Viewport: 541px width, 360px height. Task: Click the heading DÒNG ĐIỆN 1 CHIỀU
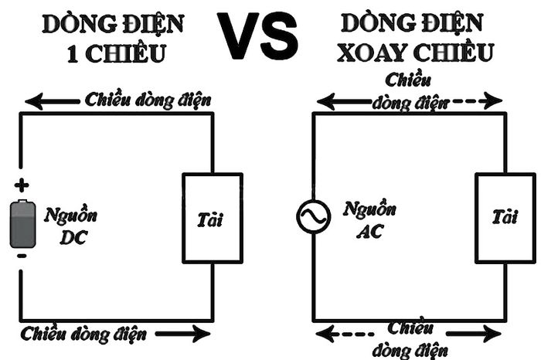point(114,39)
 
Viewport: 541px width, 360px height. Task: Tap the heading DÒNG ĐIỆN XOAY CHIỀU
point(417,39)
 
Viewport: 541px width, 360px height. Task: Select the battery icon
point(22,224)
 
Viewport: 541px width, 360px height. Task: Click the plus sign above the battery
point(22,185)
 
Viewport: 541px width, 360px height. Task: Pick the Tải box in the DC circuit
point(211,219)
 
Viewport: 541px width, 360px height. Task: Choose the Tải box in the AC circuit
point(504,219)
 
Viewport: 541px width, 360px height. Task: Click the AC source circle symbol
point(313,217)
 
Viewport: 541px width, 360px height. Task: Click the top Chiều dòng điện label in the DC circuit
point(147,100)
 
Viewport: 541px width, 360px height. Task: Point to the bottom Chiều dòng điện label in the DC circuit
point(85,335)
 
